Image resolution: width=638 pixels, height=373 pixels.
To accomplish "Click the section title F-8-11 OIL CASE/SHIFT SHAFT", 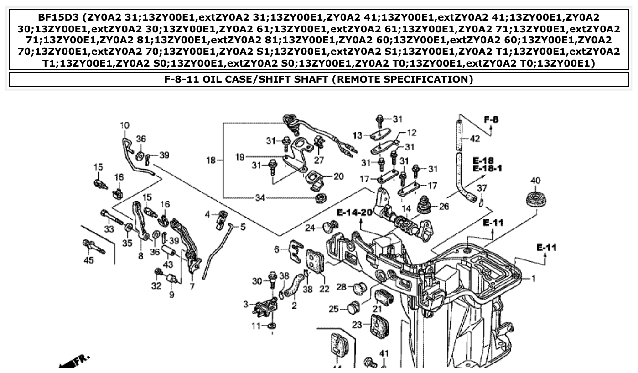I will click(318, 79).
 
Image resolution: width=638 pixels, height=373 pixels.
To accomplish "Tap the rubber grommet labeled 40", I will click(535, 199).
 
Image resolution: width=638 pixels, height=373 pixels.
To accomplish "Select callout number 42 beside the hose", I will click(475, 139).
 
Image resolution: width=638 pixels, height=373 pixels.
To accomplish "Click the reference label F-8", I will click(491, 120).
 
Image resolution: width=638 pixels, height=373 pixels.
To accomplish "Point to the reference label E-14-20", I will click(354, 212).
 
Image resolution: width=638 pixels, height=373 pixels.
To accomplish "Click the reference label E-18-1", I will click(487, 169).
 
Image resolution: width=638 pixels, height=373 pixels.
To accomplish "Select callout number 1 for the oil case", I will click(533, 278).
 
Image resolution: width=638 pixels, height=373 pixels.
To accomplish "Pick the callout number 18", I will click(210, 160).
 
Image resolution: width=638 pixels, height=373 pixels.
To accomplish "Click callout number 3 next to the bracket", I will click(246, 304).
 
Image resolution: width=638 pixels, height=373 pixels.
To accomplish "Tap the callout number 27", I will click(319, 160).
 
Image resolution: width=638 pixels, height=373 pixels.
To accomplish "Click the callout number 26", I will click(443, 206).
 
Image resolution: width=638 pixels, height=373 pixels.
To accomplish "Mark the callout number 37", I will click(482, 188).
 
